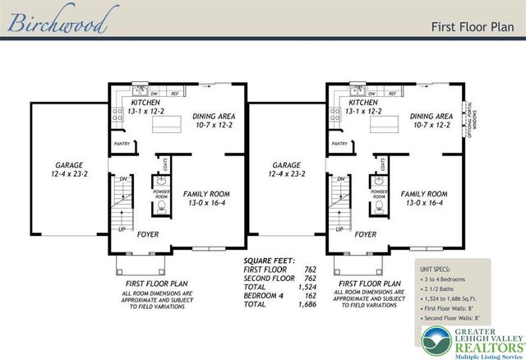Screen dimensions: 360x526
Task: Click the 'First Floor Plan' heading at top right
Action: [472, 25]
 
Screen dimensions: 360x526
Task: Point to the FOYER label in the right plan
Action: [366, 234]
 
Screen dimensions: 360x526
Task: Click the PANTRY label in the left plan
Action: [122, 143]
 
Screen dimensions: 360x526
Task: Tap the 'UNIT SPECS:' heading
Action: [438, 268]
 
